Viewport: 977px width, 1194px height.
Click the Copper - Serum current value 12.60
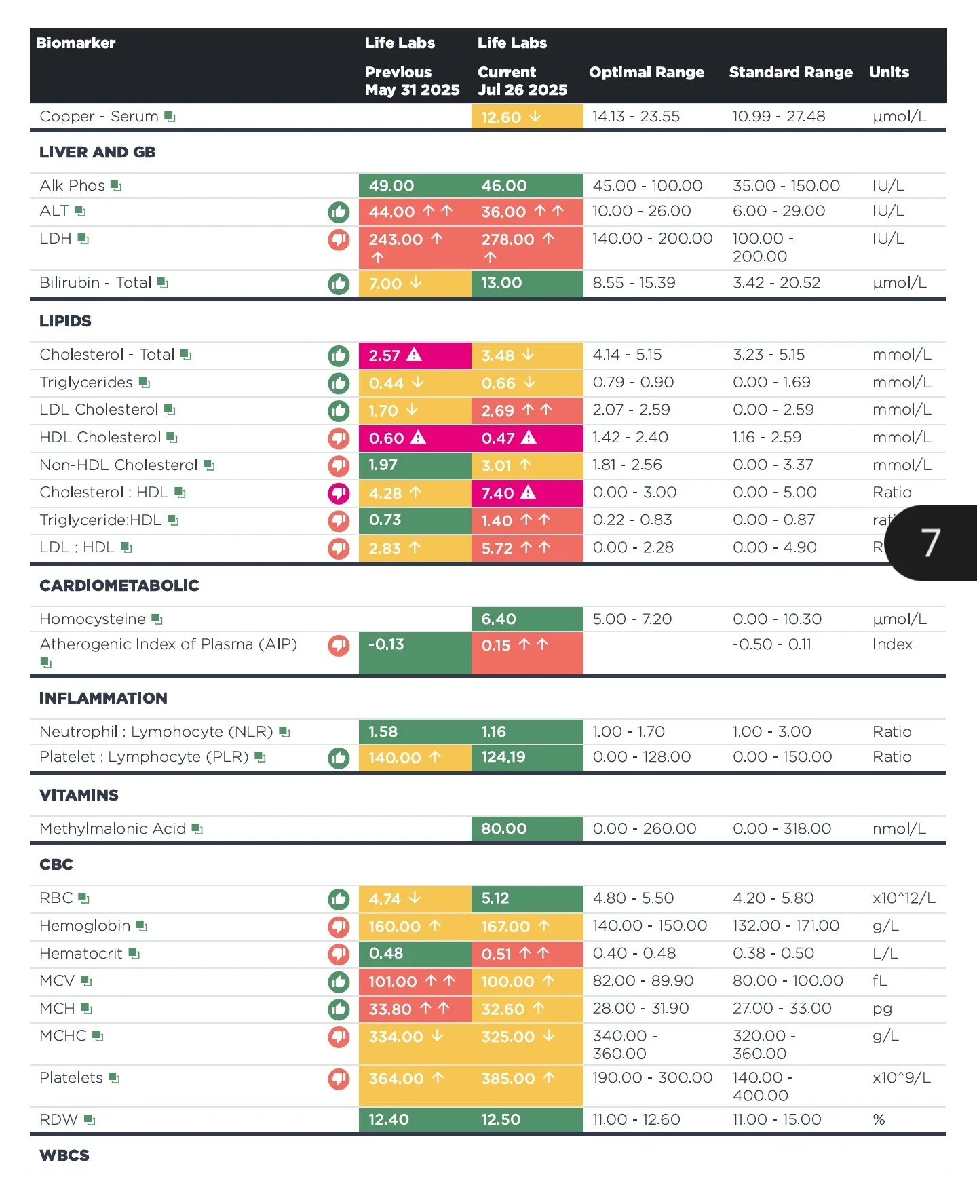(x=501, y=117)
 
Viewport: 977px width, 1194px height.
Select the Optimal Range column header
(x=647, y=73)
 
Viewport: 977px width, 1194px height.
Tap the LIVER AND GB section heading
(x=98, y=152)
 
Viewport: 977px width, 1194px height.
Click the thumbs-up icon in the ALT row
(x=339, y=212)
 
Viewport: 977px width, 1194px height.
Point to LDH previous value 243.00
(x=396, y=239)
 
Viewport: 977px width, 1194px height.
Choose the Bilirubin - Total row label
(x=96, y=283)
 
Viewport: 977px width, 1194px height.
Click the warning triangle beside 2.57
(x=414, y=355)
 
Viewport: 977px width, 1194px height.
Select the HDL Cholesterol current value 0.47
(x=498, y=438)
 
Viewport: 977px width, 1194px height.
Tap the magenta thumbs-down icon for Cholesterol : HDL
(x=339, y=493)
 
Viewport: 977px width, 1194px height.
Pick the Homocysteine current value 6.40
(x=499, y=619)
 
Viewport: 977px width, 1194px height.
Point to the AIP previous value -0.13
(x=386, y=644)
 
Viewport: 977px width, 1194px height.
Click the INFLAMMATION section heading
(x=103, y=698)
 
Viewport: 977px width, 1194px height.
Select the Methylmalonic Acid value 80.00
(x=504, y=829)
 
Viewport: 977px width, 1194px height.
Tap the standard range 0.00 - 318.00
(x=782, y=829)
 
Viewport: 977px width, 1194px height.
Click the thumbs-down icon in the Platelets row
(x=339, y=1079)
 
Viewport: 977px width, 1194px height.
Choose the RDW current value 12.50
(x=501, y=1120)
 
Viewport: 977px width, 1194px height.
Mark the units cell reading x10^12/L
(x=904, y=898)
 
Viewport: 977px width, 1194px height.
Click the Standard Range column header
(x=790, y=73)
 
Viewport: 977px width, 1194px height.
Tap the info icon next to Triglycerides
(x=145, y=383)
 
